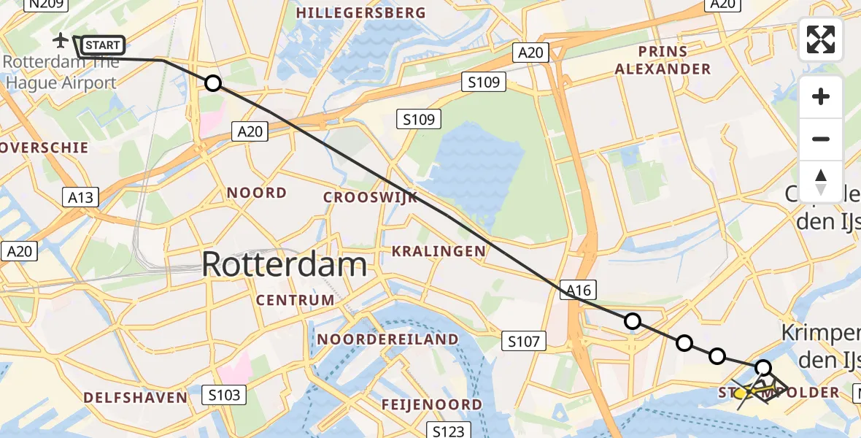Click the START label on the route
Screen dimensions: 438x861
(x=103, y=45)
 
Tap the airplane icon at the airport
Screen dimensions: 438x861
(x=61, y=39)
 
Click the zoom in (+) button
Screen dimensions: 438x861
(x=821, y=96)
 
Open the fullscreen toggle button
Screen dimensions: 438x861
(x=821, y=39)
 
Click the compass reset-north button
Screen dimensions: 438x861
(x=821, y=181)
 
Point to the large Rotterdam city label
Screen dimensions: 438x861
(x=284, y=264)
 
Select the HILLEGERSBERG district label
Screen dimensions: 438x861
(x=362, y=13)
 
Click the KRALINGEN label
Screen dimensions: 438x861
(x=439, y=251)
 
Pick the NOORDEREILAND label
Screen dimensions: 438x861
(x=387, y=339)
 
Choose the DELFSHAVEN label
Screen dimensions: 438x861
(x=135, y=397)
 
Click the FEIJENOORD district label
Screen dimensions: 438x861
(x=432, y=404)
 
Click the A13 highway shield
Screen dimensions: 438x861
(x=81, y=197)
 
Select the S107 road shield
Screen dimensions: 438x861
(x=523, y=340)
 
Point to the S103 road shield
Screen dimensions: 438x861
(x=225, y=395)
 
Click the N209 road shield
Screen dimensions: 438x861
(x=46, y=4)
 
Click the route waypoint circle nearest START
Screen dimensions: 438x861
(x=212, y=83)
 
